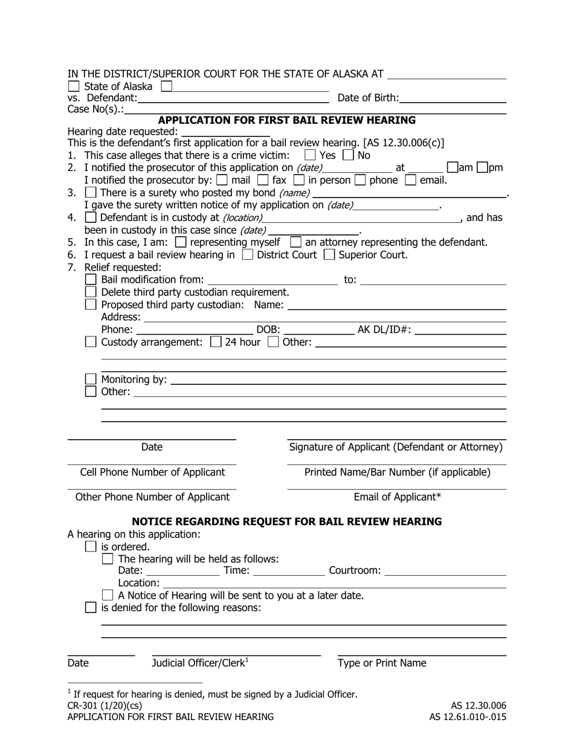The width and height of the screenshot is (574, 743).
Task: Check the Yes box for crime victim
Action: (x=311, y=155)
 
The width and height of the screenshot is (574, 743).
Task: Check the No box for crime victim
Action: (x=348, y=155)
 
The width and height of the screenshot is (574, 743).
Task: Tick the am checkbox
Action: (x=453, y=168)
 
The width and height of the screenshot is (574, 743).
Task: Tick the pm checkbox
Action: (x=482, y=168)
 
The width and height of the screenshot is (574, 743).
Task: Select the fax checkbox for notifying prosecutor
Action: (x=262, y=180)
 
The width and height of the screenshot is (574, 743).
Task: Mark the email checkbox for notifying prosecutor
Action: (x=411, y=180)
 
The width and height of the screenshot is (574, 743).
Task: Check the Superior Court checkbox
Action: (x=329, y=255)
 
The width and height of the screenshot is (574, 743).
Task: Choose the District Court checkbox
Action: (x=247, y=255)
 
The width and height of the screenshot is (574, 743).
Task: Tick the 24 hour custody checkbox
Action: (x=216, y=342)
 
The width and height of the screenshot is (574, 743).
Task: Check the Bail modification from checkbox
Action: (x=91, y=280)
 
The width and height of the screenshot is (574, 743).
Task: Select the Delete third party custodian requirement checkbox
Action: (x=91, y=292)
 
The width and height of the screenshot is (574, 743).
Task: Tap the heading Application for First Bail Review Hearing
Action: (x=287, y=120)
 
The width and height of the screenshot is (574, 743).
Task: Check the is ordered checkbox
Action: (x=91, y=547)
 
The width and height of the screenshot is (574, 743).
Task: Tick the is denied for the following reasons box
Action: (x=91, y=608)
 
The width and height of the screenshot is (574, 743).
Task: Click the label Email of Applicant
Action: (x=397, y=497)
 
